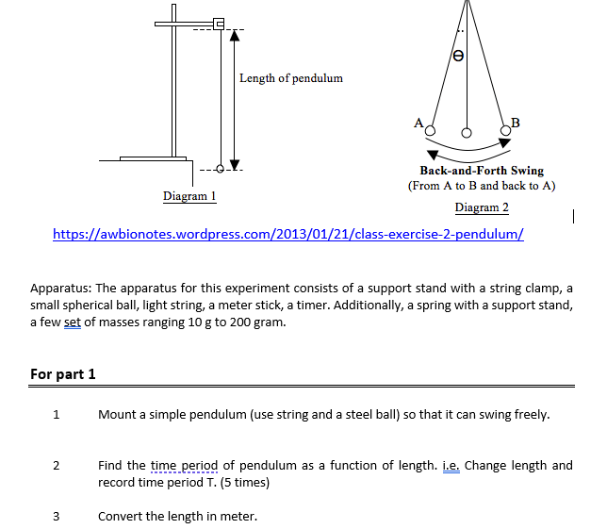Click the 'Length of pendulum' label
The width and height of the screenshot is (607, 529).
tap(290, 77)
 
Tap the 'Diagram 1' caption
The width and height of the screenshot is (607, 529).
tap(189, 196)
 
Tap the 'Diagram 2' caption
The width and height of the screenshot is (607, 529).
tap(481, 207)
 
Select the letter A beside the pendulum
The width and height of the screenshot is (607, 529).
tap(418, 122)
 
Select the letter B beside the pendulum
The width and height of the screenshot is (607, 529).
tap(515, 122)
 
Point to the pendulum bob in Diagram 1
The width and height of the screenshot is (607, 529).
tap(221, 169)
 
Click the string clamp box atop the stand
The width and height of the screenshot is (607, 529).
tap(219, 24)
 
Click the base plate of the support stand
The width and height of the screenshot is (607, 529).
tap(146, 158)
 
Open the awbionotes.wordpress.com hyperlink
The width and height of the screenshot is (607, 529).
tap(288, 233)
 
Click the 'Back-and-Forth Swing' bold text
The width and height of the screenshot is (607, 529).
tap(481, 171)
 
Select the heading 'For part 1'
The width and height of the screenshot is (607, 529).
tap(63, 374)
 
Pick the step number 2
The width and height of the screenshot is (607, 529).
tap(57, 466)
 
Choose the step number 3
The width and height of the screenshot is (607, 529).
tap(57, 516)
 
